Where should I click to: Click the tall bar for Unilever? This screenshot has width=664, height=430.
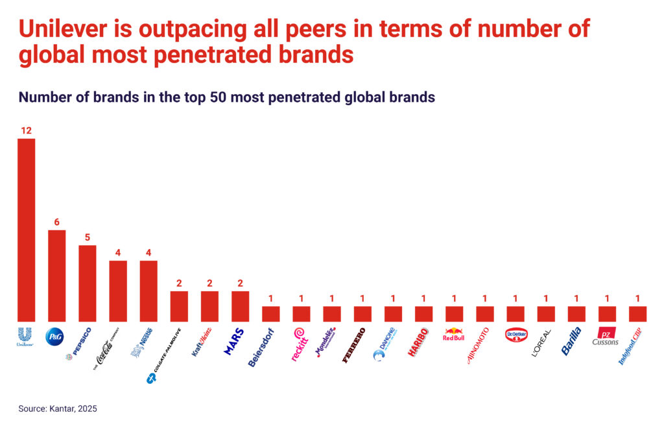26,230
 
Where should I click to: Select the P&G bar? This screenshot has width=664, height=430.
56,275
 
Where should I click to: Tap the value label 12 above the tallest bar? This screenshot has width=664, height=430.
26,130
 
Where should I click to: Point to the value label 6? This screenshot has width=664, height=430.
56,222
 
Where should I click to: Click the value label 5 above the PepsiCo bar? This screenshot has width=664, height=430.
88,237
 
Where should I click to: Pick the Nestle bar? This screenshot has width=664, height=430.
148,291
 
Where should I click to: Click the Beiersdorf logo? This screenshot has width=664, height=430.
261,348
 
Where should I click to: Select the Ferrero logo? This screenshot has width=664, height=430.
354,344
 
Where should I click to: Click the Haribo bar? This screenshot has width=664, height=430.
423,313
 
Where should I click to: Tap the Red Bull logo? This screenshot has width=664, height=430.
454,335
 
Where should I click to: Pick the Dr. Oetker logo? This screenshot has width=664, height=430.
516,335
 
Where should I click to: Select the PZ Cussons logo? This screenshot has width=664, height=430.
606,337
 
